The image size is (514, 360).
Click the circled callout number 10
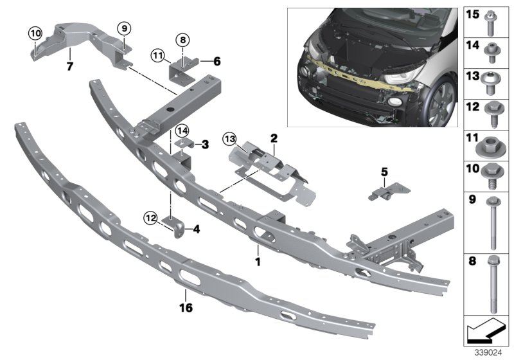pyautogui.click(x=35, y=33)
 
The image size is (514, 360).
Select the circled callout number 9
pyautogui.click(x=124, y=28)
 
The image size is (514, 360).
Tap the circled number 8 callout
pyautogui.click(x=182, y=40)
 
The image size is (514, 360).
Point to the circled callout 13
pyautogui.click(x=229, y=139)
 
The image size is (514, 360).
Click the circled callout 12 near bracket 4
pyautogui.click(x=150, y=218)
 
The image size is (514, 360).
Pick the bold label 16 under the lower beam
pyautogui.click(x=186, y=307)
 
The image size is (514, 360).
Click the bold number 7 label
pyautogui.click(x=69, y=67)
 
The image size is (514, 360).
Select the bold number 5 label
pyautogui.click(x=384, y=172)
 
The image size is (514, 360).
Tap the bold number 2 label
pyautogui.click(x=274, y=138)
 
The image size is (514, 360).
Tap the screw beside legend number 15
pyautogui.click(x=491, y=22)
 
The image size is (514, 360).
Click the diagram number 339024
pyautogui.click(x=488, y=352)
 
